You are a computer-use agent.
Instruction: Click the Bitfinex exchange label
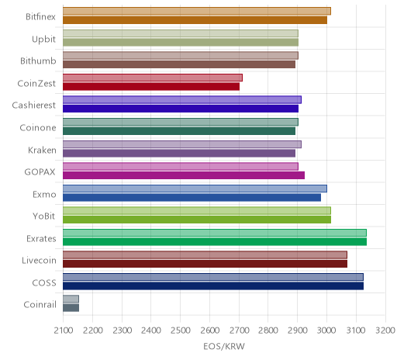(x=40, y=17)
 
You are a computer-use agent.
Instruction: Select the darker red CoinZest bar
(x=151, y=87)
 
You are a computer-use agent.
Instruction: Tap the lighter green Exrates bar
(x=215, y=233)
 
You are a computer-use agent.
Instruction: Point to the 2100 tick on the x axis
(x=64, y=331)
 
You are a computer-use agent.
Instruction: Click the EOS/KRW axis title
(x=224, y=346)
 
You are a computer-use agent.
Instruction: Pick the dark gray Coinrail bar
(x=71, y=308)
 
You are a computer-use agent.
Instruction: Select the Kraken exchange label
(x=42, y=150)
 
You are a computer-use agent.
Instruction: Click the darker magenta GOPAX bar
(x=184, y=175)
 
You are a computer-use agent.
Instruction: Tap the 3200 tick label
(x=385, y=331)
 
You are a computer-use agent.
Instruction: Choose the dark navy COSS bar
(x=213, y=286)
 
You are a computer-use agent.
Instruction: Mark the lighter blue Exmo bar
(x=195, y=189)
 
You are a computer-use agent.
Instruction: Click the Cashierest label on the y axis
(x=34, y=106)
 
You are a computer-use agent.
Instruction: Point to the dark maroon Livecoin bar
(x=205, y=264)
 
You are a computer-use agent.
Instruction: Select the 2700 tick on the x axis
(x=239, y=331)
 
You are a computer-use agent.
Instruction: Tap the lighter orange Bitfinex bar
(x=197, y=11)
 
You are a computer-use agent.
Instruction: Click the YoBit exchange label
(x=44, y=216)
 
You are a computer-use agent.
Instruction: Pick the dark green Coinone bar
(x=179, y=131)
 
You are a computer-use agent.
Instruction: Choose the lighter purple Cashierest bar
(x=182, y=99)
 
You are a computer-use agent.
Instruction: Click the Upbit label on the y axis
(x=43, y=40)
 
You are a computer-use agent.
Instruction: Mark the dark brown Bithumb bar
(x=179, y=64)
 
